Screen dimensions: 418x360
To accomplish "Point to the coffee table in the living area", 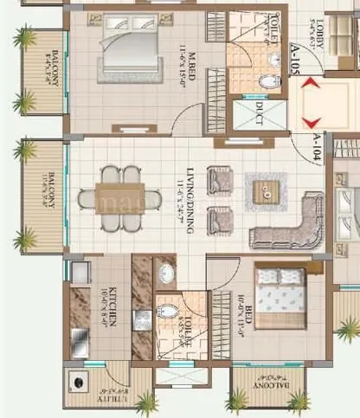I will coord(265,190).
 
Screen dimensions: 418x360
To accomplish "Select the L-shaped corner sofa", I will coord(286,222).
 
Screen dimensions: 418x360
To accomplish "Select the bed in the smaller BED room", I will coord(280,299).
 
